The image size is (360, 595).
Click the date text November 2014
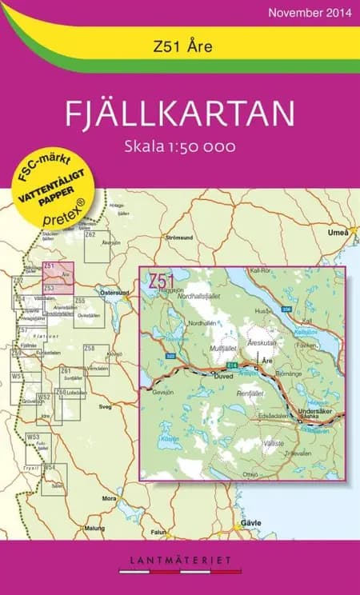[x=309, y=13]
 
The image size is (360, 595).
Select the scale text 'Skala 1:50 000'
[x=180, y=147]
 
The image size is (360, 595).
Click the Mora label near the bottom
[x=110, y=497]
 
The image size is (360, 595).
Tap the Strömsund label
[x=178, y=238]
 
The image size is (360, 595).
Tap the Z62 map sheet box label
[x=90, y=234]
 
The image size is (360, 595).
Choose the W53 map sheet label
[x=33, y=437]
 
